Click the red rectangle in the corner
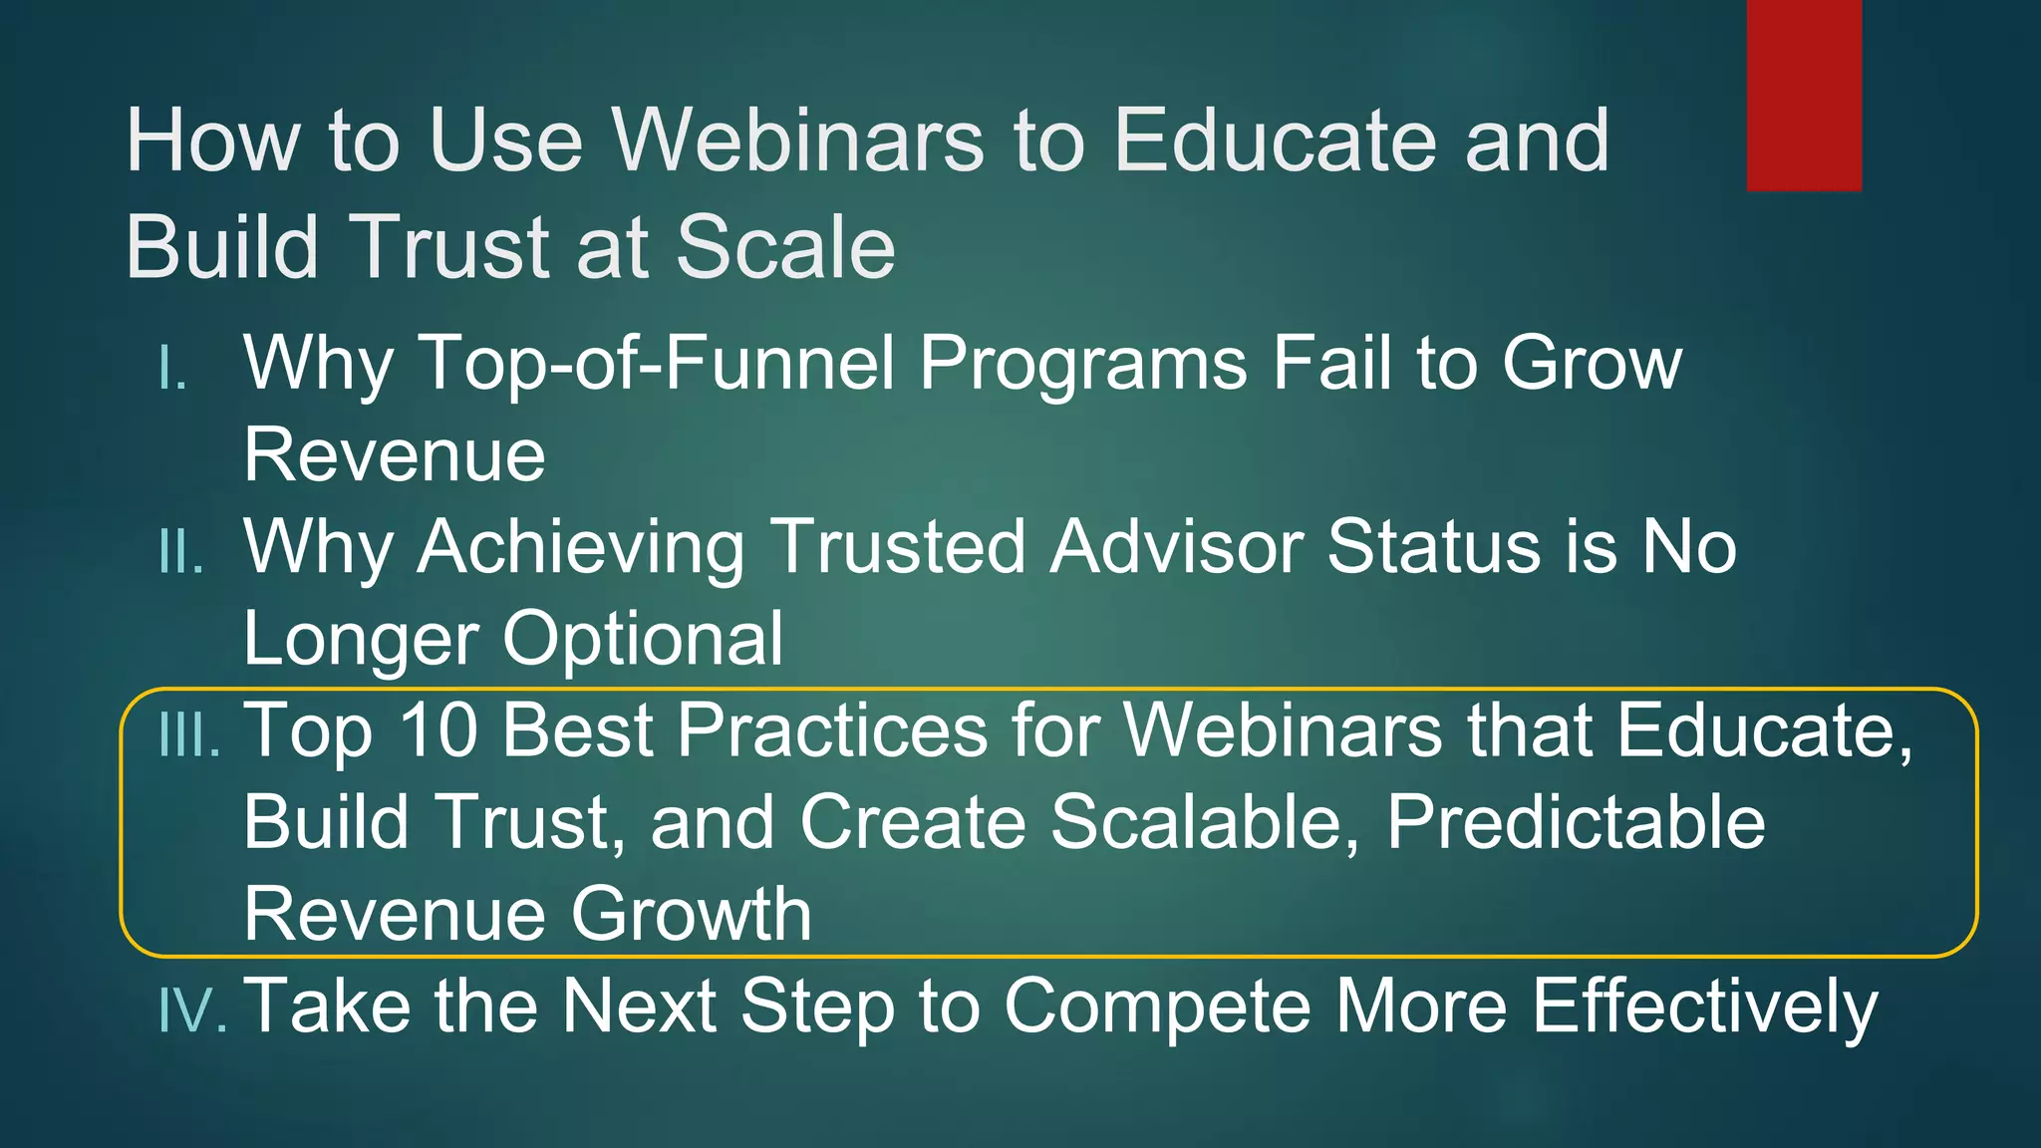tap(1804, 95)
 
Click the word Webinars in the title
tap(797, 141)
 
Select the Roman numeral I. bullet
tap(173, 370)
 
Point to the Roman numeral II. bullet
tap(181, 552)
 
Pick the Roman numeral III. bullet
tap(189, 736)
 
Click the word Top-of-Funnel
tap(658, 363)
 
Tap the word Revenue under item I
tap(395, 455)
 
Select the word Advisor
tap(1176, 547)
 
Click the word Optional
tap(643, 639)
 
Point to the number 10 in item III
tap(438, 730)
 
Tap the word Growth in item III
tap(691, 915)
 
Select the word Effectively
tap(1704, 1006)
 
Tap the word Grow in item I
tap(1592, 363)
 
